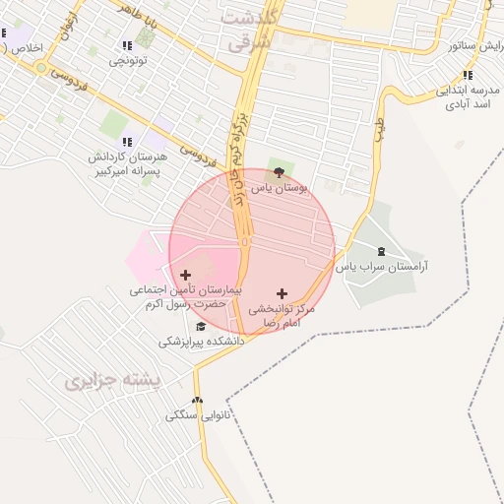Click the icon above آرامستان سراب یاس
383,252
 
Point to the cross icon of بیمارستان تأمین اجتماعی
186,275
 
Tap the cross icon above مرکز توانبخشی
283,293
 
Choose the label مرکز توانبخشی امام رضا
282,315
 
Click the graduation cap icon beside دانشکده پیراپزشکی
201,327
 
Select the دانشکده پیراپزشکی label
201,341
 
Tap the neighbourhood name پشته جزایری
108,382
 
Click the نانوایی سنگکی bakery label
198,415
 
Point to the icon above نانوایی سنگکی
198,401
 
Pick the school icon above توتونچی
126,45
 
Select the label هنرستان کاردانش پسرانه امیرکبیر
129,163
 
